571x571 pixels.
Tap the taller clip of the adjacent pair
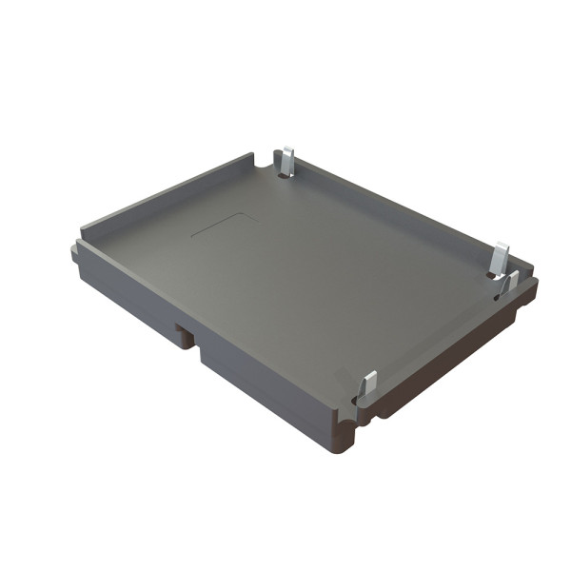(500, 258)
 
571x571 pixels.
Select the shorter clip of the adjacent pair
(511, 283)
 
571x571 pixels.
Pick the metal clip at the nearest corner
(368, 384)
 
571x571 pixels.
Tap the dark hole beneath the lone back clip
(285, 174)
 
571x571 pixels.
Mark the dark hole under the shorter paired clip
(502, 294)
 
